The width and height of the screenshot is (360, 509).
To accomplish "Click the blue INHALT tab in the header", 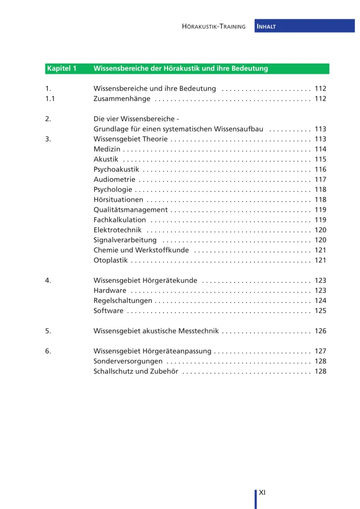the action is [x=304, y=26].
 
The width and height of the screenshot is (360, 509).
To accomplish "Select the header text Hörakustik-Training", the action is [x=214, y=26].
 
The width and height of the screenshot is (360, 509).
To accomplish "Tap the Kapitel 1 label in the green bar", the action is [x=61, y=68].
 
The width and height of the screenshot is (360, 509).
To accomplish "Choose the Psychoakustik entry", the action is [x=116, y=169].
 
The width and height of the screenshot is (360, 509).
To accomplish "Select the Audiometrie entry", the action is [x=115, y=179].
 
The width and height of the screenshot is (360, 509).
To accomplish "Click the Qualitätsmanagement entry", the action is [x=130, y=210].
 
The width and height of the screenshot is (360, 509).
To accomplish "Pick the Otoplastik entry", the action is [x=110, y=260].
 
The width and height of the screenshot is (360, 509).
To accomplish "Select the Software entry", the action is [x=108, y=310].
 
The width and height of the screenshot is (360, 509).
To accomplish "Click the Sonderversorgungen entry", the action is [x=128, y=361].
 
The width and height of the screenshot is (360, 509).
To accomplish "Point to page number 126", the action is [x=320, y=331].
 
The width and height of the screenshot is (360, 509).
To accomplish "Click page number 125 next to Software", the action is [x=320, y=310].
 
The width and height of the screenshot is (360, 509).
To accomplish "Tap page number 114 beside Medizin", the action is [x=320, y=149].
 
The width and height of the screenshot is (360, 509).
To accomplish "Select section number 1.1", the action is [x=50, y=99].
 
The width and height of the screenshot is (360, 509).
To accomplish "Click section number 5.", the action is [x=48, y=331].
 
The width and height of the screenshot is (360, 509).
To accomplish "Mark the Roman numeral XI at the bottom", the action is [x=263, y=492].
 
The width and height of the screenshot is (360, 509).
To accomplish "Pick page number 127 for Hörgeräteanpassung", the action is [x=320, y=351].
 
